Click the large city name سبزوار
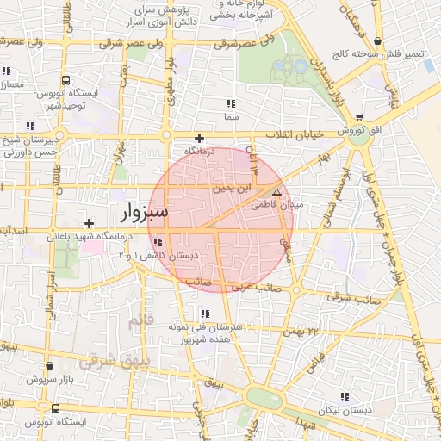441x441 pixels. pos(140,210)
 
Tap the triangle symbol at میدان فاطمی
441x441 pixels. pos(276,192)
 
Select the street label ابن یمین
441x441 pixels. pos(236,187)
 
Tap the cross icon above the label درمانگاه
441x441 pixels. pos(199,138)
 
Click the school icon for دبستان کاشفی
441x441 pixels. pos(156,242)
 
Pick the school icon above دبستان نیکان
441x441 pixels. pos(345,396)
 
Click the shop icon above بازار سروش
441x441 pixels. pos(49,366)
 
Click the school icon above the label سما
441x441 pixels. pos(230,103)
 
